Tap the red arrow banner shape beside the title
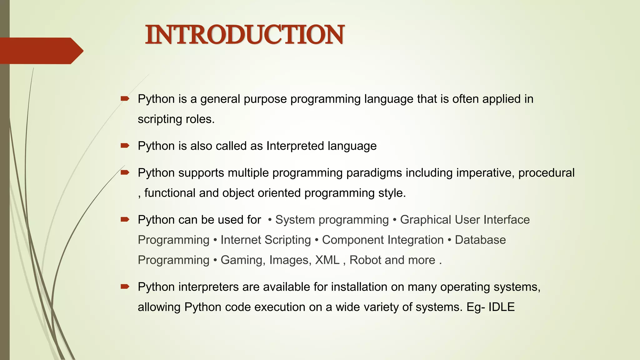[41, 51]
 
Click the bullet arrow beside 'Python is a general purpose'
[125, 99]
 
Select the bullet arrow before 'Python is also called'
[125, 146]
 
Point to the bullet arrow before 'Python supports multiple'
[125, 172]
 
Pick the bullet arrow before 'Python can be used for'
[125, 219]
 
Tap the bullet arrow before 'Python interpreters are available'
[125, 287]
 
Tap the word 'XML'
[327, 260]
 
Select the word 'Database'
[480, 240]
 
